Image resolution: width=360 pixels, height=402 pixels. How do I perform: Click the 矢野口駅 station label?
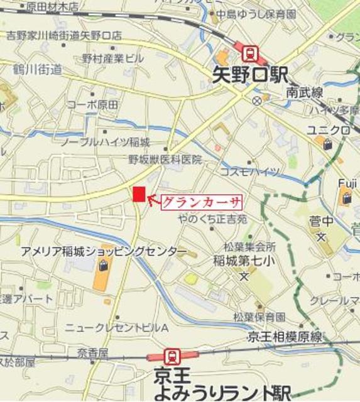coord(248,77)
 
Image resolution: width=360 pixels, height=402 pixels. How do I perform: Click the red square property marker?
coord(139,195)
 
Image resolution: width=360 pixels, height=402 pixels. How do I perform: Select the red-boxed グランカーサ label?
coord(202,202)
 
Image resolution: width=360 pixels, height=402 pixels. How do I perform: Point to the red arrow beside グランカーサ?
coord(153,200)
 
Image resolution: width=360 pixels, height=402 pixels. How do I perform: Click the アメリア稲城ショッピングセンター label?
coord(104,252)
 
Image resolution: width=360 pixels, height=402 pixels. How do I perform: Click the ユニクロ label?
coord(327,130)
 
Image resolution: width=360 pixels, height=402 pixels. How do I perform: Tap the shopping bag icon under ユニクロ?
coord(328,144)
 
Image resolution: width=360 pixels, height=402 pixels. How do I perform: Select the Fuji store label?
coord(347,183)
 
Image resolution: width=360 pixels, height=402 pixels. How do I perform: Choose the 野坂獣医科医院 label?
coord(165,160)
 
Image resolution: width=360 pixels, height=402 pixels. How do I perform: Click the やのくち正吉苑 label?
coord(212,219)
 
